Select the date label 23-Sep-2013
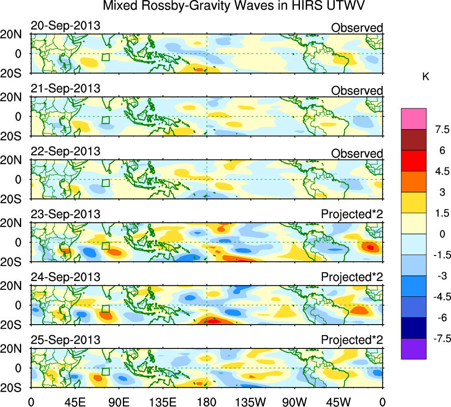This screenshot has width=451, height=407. click(x=65, y=215)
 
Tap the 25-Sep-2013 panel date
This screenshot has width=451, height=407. click(x=65, y=340)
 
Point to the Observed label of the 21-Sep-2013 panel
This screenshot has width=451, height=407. click(x=357, y=90)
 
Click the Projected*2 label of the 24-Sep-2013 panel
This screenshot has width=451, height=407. click(x=352, y=277)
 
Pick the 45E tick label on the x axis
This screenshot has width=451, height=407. click(x=74, y=401)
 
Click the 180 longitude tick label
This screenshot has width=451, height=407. click(x=207, y=401)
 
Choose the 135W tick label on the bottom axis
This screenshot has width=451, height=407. click(x=251, y=401)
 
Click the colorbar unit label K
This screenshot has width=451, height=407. click(x=426, y=77)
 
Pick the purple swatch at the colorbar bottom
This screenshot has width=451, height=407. click(x=414, y=349)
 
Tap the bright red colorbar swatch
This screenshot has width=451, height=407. click(x=414, y=161)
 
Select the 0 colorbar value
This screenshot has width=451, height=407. click(x=441, y=234)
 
